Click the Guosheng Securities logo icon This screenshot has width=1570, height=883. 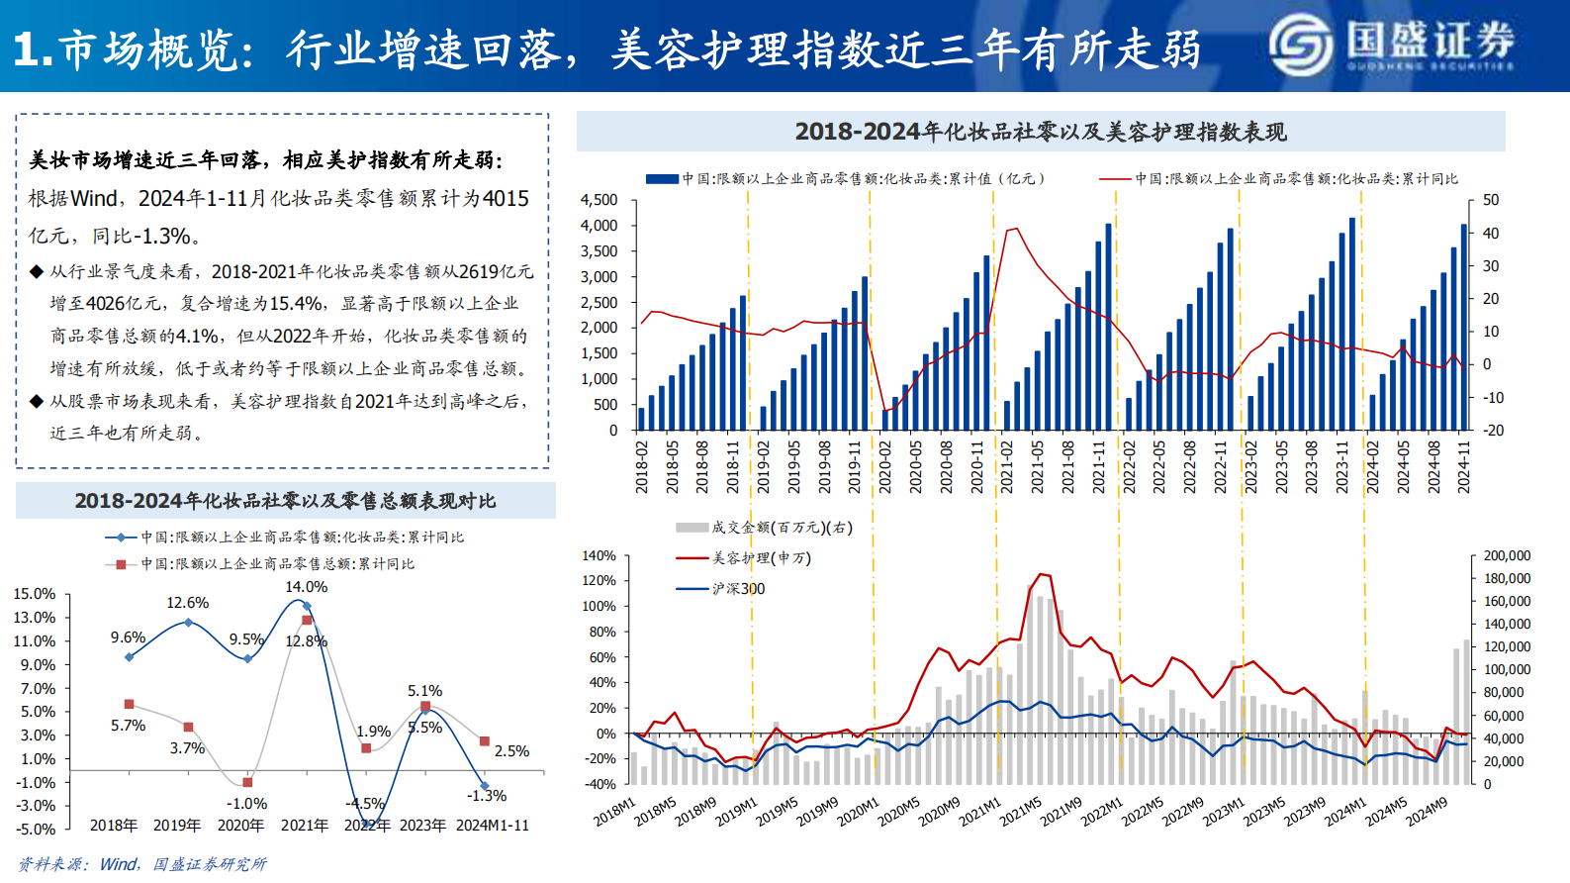pos(1303,46)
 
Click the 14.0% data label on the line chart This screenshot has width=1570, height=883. pos(306,587)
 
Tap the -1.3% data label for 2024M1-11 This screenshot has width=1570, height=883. pos(487,796)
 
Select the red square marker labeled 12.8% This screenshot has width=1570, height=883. pos(307,621)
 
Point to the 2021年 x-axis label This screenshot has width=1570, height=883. pos(304,826)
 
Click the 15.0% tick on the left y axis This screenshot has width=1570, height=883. pos(35,594)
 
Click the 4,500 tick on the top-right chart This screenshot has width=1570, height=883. pos(599,200)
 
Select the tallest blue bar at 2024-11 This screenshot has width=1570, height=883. pos(1464,327)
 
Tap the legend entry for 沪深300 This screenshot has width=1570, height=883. pos(738,589)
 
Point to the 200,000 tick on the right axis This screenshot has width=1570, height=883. pos(1507,556)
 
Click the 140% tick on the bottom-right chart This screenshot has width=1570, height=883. pos(600,556)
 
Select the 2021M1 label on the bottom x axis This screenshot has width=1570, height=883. pos(980,813)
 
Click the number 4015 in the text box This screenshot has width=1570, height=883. pos(506,198)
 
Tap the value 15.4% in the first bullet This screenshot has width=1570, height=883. pos(296,303)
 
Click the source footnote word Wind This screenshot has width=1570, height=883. pos(119,864)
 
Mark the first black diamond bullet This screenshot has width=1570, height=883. pos(37,271)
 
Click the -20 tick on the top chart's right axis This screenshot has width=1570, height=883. pos(1493,431)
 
